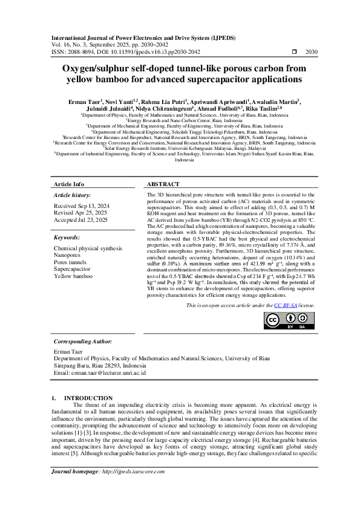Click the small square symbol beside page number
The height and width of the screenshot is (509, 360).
tap(294, 53)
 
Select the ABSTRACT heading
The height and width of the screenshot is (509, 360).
tap(163, 184)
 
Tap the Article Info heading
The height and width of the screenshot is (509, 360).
tap(69, 184)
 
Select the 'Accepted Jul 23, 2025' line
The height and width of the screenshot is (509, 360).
tap(80, 221)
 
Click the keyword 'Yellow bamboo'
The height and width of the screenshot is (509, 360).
tap(73, 276)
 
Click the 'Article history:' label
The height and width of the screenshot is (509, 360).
tap(71, 195)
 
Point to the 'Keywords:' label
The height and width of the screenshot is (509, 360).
tap(67, 238)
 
